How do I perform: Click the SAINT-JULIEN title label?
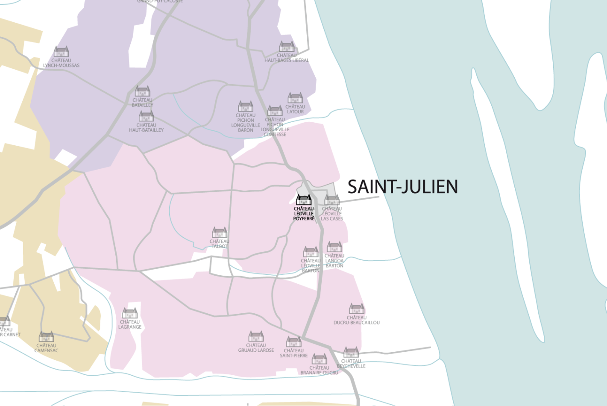402,187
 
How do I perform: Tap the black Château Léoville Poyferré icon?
304,200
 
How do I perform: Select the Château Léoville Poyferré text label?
304,214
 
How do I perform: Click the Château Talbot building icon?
220,232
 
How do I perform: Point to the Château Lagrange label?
130,324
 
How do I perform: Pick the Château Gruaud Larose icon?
256,336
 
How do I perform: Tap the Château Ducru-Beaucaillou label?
356,320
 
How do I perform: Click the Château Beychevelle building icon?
351,352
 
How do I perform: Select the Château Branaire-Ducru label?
319,370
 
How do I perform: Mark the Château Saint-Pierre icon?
294,341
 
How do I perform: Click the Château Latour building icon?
295,98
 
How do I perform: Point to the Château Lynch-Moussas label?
61,63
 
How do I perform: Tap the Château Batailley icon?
142,91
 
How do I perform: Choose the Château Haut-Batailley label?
146,127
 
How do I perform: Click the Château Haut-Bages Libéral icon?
287,46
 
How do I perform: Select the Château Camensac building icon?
46,336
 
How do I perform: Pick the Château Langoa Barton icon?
334,247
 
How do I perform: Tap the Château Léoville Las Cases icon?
332,200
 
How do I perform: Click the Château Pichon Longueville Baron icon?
246,106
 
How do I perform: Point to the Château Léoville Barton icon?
311,252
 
